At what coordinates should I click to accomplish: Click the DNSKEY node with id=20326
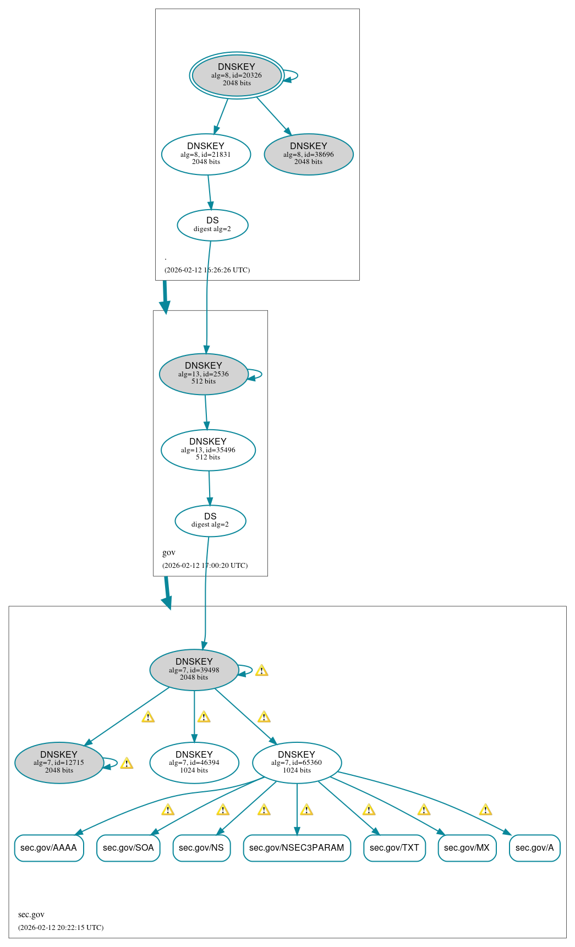tap(237, 75)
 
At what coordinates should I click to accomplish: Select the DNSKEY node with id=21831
tap(206, 154)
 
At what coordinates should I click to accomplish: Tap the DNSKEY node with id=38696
tap(309, 154)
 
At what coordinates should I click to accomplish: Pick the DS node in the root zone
tap(212, 225)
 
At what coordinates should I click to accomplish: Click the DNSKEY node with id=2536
tap(204, 374)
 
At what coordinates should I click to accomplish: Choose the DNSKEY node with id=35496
tap(208, 450)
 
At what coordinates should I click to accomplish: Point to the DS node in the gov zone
tap(210, 520)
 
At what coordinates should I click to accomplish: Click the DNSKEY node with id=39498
tap(194, 670)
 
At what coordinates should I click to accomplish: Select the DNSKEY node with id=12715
tap(59, 763)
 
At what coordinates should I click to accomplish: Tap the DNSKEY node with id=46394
tap(194, 763)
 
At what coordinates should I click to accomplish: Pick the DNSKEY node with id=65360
tap(297, 763)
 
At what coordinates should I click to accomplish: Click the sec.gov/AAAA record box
tap(49, 848)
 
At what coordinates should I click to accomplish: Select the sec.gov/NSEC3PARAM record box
tap(297, 848)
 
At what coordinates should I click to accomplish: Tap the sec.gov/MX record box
tap(467, 848)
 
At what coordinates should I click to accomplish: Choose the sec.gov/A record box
tap(534, 848)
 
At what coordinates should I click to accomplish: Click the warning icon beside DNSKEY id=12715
tap(127, 763)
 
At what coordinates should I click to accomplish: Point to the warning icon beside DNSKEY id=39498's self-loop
tap(262, 670)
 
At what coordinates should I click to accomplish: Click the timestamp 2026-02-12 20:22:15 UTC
tap(61, 927)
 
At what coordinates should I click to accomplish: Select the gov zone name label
tap(168, 552)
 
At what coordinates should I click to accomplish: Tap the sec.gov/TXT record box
tap(394, 848)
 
